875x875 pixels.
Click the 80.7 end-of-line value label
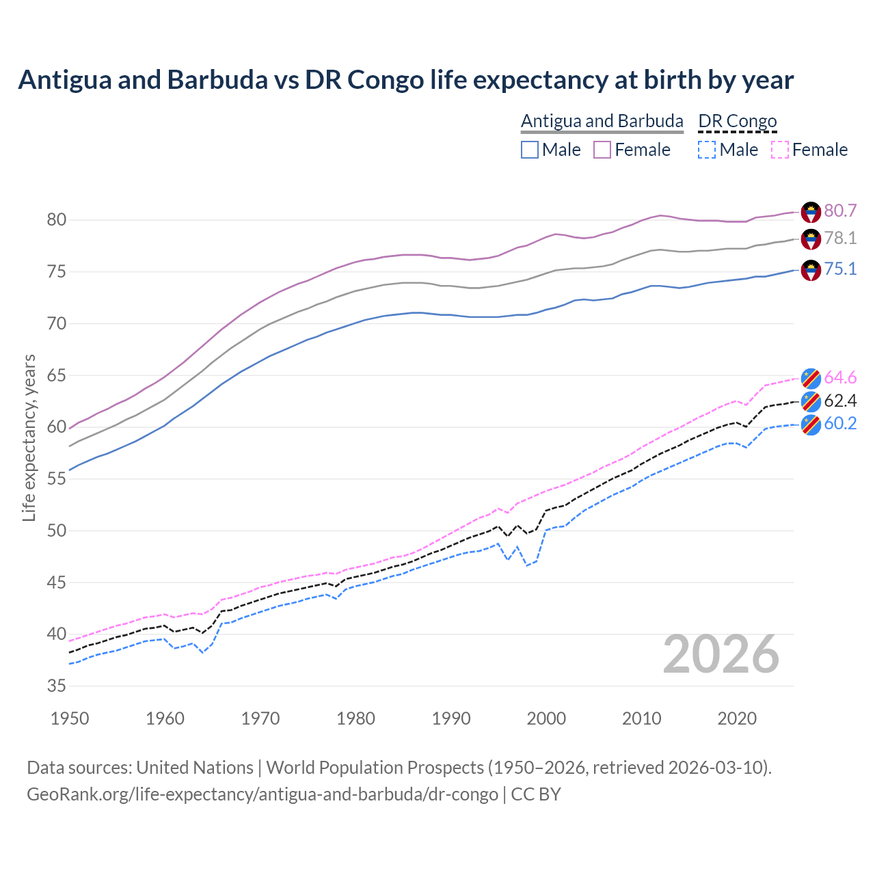point(840,211)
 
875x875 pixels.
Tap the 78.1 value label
point(840,239)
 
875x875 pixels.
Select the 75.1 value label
point(840,269)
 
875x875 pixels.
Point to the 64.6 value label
point(840,378)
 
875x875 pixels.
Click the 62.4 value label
point(840,401)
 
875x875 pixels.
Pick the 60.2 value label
point(840,424)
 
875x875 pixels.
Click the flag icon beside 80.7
point(811,212)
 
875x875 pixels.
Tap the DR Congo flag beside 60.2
point(811,425)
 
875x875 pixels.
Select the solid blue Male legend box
point(530,150)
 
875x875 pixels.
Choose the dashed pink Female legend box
point(780,150)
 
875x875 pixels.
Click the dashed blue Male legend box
point(707,150)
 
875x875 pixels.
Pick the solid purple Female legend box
point(602,150)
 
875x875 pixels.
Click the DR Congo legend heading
point(738,122)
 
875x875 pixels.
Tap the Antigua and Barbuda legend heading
point(602,122)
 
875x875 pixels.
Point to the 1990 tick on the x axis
point(451,718)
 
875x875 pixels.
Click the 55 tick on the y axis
point(56,479)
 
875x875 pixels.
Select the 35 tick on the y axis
point(56,686)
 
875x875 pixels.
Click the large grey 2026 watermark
point(721,655)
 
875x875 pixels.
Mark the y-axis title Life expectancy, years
point(29,437)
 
